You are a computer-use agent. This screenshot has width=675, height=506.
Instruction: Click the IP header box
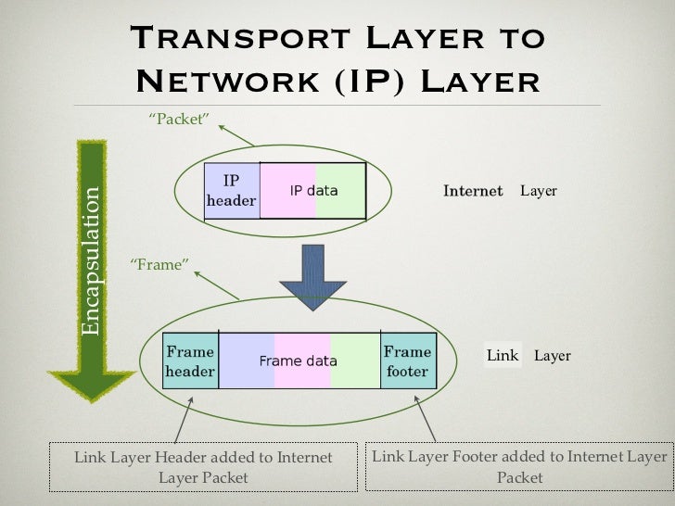pyautogui.click(x=231, y=190)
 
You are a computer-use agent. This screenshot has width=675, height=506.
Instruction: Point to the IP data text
pyautogui.click(x=313, y=191)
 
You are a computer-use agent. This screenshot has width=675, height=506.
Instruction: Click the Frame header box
pyautogui.click(x=190, y=361)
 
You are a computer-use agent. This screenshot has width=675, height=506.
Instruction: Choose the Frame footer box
pyautogui.click(x=407, y=361)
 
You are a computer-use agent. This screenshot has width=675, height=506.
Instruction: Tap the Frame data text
pyautogui.click(x=297, y=361)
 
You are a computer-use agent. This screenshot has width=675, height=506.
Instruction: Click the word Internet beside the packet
pyautogui.click(x=473, y=191)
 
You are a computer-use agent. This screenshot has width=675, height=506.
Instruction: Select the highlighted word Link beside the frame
pyautogui.click(x=503, y=356)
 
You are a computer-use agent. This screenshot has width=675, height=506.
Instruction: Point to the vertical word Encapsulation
pyautogui.click(x=91, y=261)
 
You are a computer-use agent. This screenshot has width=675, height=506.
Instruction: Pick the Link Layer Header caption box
pyautogui.click(x=204, y=467)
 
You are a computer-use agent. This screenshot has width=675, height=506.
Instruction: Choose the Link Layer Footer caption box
pyautogui.click(x=519, y=467)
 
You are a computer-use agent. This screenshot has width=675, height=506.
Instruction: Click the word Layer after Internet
pyautogui.click(x=539, y=191)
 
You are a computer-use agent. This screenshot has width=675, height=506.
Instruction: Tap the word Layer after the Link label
pyautogui.click(x=553, y=356)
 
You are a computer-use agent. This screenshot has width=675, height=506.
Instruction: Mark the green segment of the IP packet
pyautogui.click(x=340, y=191)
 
